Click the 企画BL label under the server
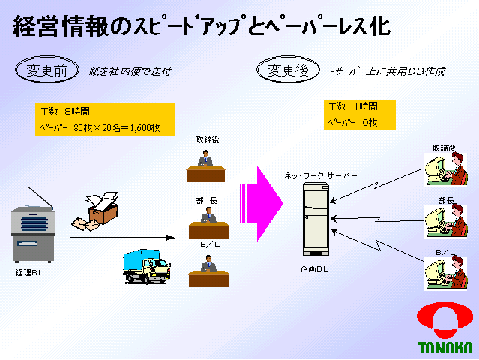tap(315, 268)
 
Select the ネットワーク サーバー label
tap(320, 175)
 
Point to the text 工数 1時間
tap(352, 106)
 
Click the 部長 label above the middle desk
tap(206, 200)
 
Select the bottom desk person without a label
tap(208, 270)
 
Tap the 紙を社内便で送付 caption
tap(130, 72)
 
